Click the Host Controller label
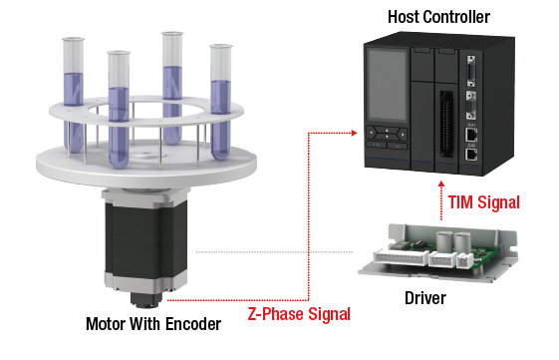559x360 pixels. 438,17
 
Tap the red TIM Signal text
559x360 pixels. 484,202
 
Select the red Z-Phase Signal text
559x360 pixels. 299,314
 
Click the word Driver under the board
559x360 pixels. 425,298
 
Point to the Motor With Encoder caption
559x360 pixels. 153,324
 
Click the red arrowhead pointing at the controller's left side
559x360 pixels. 354,133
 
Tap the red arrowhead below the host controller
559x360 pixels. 441,184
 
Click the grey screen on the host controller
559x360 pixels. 388,85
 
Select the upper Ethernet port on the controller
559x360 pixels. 471,136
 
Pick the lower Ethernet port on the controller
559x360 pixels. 471,155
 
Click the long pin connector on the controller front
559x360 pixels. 446,124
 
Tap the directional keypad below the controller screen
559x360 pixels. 387,134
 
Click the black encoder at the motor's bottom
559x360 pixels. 146,300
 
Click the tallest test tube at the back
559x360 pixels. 172,88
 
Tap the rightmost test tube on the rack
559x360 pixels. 220,102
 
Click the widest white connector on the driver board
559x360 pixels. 401,257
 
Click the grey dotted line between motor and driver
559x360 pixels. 274,252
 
